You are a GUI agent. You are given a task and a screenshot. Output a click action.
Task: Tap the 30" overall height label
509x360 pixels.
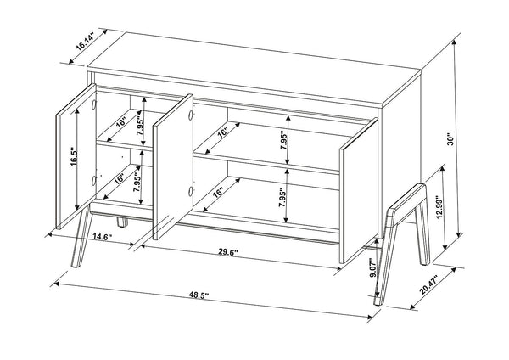click(462, 143)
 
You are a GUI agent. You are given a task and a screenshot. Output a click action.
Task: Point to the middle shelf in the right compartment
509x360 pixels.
click(271, 160)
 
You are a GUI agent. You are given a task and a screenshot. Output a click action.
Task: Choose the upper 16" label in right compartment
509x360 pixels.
click(222, 132)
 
